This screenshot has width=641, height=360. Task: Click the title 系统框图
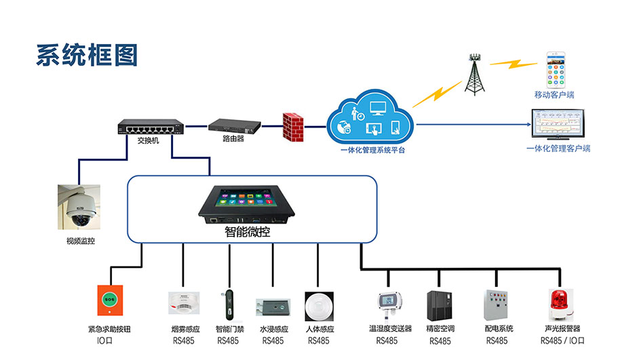(87, 55)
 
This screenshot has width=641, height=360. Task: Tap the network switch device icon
(150, 127)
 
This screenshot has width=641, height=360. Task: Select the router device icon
(234, 126)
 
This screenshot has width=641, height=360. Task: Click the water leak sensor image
(273, 307)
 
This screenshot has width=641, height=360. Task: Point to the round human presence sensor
(318, 306)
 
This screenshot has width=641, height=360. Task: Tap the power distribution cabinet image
(496, 306)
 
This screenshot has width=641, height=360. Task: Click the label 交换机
(148, 141)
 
